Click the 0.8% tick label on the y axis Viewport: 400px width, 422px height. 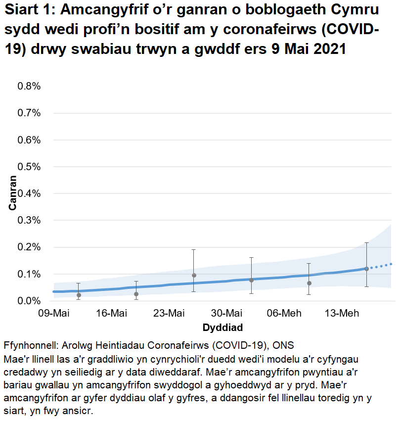coord(29,86)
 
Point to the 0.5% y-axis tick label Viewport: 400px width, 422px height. coord(29,167)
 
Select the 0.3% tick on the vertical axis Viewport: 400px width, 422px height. coord(29,220)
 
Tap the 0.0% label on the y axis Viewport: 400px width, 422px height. coord(29,301)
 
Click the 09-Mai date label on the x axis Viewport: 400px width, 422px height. coord(53,314)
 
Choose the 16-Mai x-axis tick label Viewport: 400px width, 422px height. coord(111,314)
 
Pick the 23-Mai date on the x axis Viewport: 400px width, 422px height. coord(169,314)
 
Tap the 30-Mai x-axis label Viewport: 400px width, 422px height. coord(226,314)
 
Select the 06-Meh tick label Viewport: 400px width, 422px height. coord(284,314)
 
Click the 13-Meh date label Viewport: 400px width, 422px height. coord(342,314)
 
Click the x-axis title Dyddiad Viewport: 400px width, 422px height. coord(222,328)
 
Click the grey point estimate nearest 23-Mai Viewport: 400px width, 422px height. coord(194,275)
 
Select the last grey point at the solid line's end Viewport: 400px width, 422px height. coord(366,269)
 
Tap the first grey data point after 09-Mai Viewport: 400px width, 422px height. coord(79,295)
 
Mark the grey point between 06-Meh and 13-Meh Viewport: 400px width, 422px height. coord(309,283)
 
